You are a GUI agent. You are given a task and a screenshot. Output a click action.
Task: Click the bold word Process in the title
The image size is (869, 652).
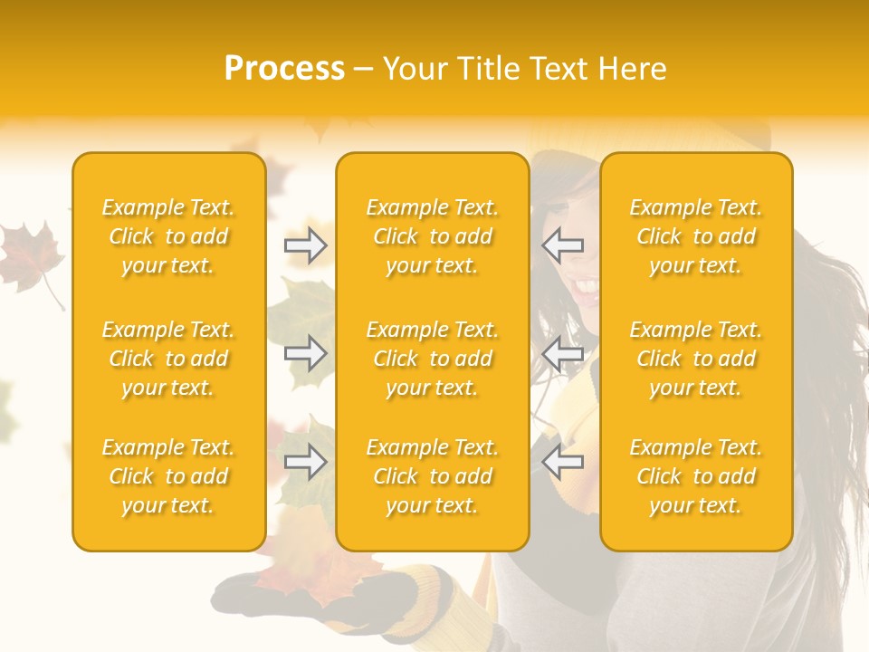coord(284,69)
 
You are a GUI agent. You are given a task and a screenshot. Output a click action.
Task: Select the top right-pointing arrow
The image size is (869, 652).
coord(306,245)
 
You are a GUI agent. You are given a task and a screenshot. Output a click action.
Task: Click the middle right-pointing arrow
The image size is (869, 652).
coord(306,354)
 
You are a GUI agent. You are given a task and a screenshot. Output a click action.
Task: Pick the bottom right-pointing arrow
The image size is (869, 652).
coord(306,463)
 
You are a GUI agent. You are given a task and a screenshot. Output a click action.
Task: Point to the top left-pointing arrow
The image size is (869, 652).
coord(563,245)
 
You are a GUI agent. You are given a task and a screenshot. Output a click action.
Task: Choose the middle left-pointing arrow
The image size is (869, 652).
coord(563,354)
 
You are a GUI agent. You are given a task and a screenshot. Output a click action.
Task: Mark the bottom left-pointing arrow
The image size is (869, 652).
coord(563,463)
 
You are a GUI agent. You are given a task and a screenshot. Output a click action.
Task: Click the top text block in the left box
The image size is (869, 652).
coord(168,236)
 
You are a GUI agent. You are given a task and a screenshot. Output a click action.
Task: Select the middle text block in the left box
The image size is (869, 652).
coord(168,359)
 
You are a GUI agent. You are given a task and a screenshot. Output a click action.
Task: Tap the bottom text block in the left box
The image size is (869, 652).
coord(168,476)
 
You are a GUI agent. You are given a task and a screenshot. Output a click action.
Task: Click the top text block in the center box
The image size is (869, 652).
coord(433,236)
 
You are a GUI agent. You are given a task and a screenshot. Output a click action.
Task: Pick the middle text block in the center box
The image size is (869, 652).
coord(433,359)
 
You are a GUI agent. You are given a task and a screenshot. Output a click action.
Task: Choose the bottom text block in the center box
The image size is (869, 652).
coord(433,476)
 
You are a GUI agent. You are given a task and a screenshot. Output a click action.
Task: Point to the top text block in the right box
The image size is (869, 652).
coord(696,236)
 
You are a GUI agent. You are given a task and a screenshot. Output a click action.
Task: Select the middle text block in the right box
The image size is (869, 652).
coord(696,359)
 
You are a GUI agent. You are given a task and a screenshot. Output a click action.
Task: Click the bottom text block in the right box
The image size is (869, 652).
coord(696,476)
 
